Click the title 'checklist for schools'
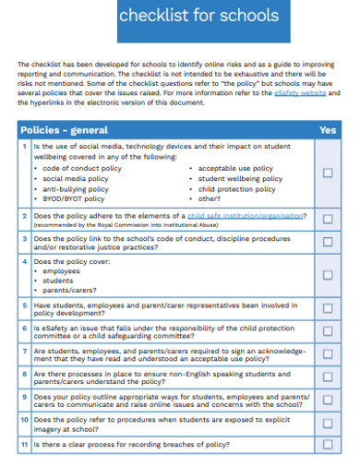coord(198,17)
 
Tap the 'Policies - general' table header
coord(65,130)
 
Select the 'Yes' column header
coord(327,130)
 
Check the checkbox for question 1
coord(328,173)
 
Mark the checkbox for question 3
coord(328,243)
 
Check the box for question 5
coord(328,309)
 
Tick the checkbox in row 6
coord(328,331)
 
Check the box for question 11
coord(328,444)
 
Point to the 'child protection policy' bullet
coord(236,188)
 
